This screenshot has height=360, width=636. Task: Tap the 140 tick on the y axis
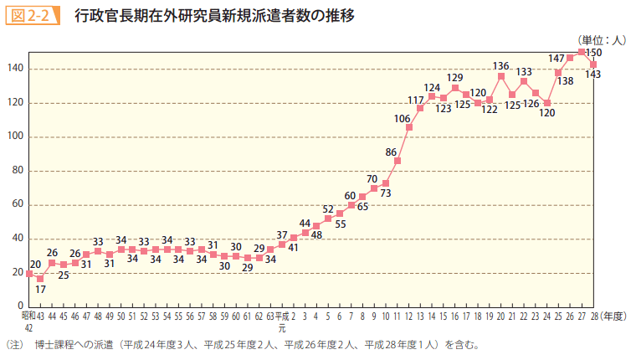16,69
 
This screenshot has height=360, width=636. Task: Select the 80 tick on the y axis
18,171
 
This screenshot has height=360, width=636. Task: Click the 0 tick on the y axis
21,306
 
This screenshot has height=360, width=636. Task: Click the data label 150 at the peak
594,53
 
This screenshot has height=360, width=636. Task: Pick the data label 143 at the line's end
593,75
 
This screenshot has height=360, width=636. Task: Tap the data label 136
501,65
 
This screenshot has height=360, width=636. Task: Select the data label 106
402,118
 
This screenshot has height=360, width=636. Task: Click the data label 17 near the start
40,289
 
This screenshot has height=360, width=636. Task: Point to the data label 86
391,152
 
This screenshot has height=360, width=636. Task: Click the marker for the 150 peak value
582,52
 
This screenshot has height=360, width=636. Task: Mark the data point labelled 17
40,278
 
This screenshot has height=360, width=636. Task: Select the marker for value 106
409,127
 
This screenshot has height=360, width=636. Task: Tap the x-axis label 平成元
282,322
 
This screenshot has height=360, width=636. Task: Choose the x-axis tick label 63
270,317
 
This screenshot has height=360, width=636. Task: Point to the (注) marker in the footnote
14,344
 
